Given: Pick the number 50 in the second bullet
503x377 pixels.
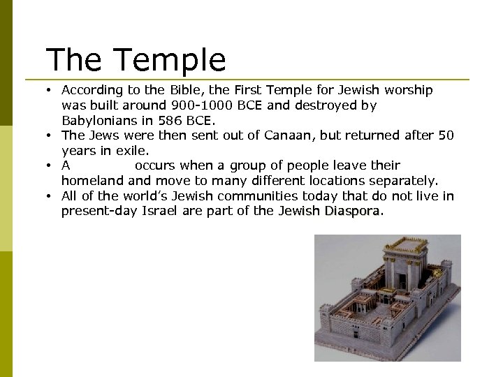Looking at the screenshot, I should [446, 135].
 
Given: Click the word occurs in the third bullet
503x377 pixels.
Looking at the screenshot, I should [154, 165].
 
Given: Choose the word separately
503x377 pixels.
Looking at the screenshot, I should [403, 181].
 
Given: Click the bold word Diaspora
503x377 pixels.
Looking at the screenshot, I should [353, 211].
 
